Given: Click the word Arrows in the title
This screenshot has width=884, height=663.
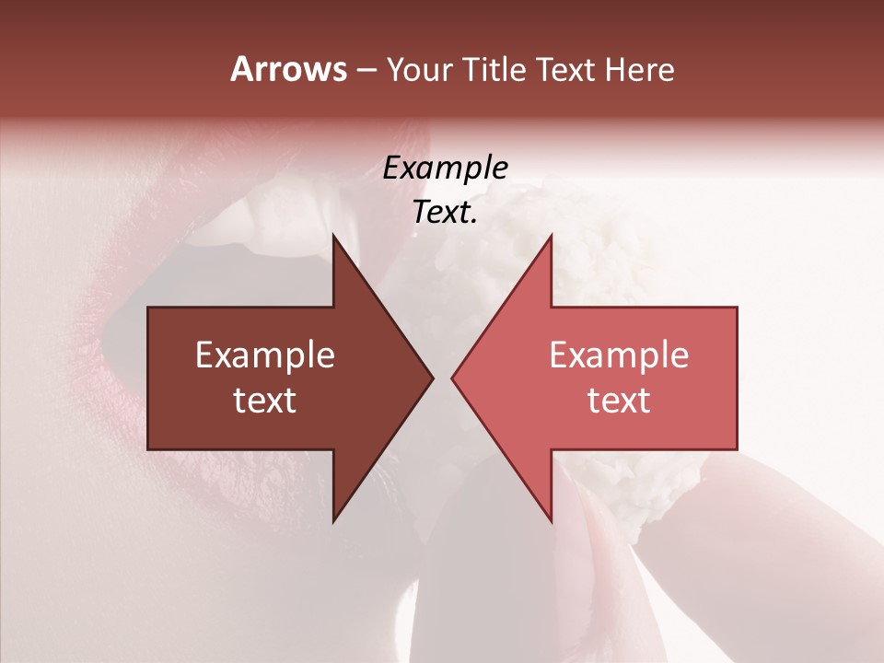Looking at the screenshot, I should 288,70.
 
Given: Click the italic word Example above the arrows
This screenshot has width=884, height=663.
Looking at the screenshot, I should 445,169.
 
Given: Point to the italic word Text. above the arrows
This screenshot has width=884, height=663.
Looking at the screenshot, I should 445,213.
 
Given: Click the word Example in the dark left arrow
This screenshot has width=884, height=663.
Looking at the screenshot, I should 265,355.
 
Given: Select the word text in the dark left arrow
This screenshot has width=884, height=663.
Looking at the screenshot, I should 265,401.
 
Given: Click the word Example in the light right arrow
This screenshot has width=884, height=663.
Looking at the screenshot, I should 619,355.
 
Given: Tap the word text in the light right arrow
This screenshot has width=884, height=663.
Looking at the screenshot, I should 619,401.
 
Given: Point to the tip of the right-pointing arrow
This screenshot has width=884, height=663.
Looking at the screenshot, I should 431,378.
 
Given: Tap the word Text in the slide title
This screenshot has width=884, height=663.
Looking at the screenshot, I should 565,70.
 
